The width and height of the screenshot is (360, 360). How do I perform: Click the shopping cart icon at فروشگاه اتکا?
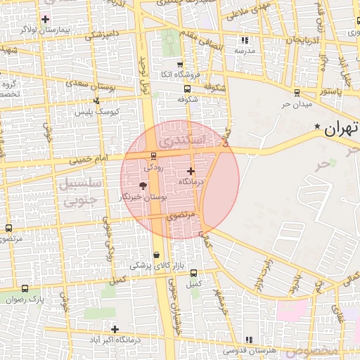point(181,64)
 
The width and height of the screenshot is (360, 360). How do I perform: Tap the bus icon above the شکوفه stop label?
point(186,89)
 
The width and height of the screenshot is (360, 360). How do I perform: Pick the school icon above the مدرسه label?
point(244,40)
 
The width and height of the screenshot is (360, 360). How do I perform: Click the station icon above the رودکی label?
point(153,156)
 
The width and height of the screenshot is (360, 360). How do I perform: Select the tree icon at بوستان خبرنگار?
point(143,186)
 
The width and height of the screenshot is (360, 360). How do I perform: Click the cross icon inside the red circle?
point(191,171)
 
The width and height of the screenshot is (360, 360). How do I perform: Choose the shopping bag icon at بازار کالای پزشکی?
point(155,255)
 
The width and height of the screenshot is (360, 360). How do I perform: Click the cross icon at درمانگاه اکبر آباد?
point(115,328)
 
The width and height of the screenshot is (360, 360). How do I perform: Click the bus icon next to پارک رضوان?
point(25,288)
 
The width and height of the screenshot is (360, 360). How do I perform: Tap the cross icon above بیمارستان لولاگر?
point(46,19)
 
